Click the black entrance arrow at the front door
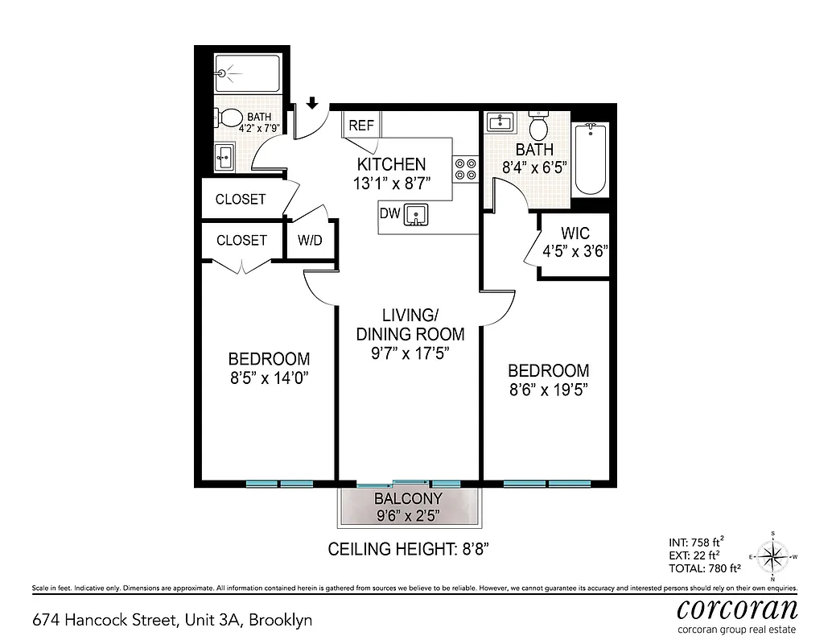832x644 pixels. [x=313, y=103]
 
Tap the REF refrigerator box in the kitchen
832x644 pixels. [x=361, y=125]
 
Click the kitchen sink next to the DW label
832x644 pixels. [x=417, y=215]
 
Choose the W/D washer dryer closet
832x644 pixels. [x=311, y=240]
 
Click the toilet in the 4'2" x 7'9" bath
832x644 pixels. [x=230, y=119]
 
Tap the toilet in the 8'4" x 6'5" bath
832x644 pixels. [x=538, y=126]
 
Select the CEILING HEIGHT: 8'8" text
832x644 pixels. [x=409, y=550]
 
